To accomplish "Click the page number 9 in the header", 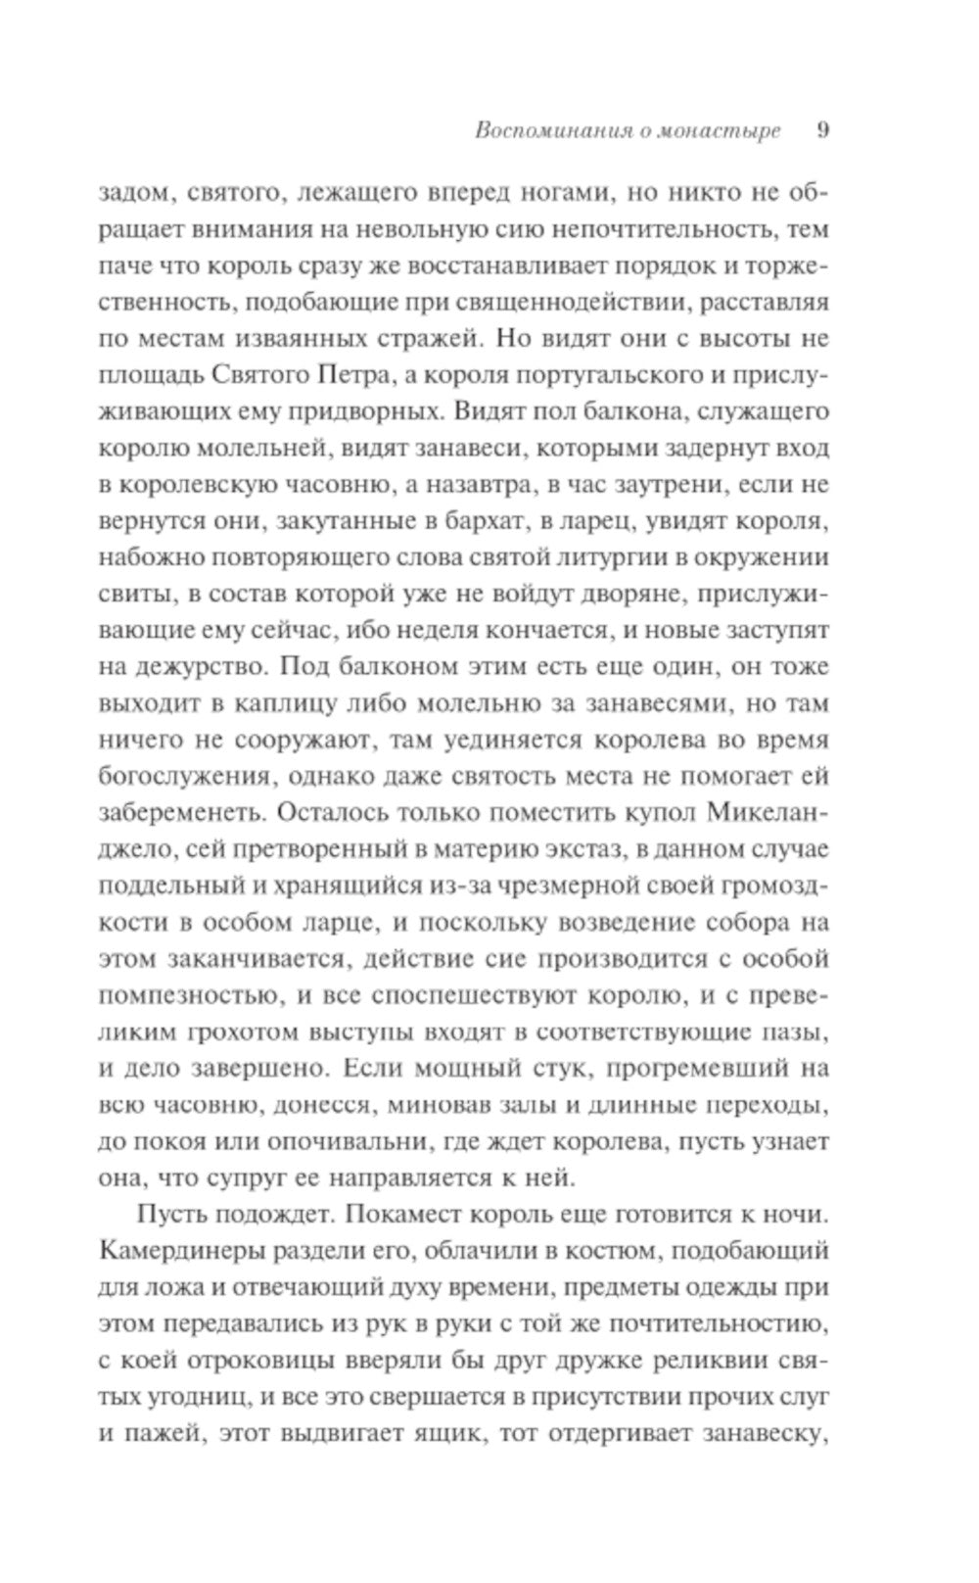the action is pyautogui.click(x=822, y=130).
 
